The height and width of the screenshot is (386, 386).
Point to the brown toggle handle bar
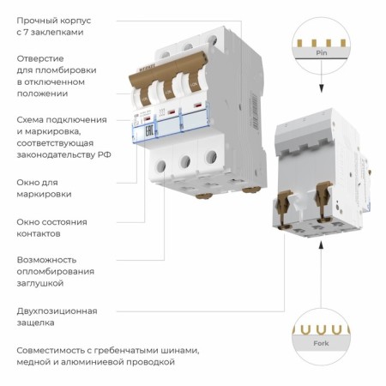(x=168, y=91)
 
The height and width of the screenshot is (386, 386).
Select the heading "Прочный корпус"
(x=54, y=19)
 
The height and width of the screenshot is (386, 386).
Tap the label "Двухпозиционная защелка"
(x=57, y=317)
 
